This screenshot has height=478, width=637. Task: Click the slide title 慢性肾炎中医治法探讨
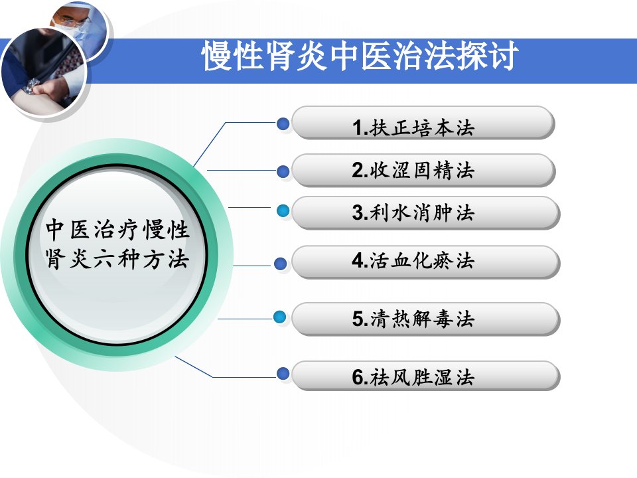coord(359,56)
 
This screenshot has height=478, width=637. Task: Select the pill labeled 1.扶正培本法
coord(423,123)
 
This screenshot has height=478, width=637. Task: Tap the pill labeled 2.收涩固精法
coord(423,170)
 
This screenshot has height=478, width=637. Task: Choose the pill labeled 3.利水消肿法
coord(426,212)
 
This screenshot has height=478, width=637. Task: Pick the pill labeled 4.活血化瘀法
coord(426,262)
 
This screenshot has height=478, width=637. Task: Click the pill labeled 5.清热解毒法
coord(426,319)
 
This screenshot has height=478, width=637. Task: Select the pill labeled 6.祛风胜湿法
coord(426,376)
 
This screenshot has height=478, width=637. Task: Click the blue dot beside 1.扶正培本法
coord(283,123)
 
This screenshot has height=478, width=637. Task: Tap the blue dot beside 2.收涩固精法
coord(283,171)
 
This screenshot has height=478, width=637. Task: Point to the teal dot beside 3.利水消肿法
coord(283,210)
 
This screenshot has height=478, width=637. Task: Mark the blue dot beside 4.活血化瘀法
coord(280,264)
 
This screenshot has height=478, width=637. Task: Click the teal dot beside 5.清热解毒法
coord(279,317)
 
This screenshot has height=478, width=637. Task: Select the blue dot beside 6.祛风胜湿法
coord(283,373)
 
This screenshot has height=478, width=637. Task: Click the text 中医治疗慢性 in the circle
coord(117,230)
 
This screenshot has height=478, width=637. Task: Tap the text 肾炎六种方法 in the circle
coord(117,260)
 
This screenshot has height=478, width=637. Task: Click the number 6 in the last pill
coord(358,377)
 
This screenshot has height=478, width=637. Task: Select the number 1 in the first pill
coord(358,127)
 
